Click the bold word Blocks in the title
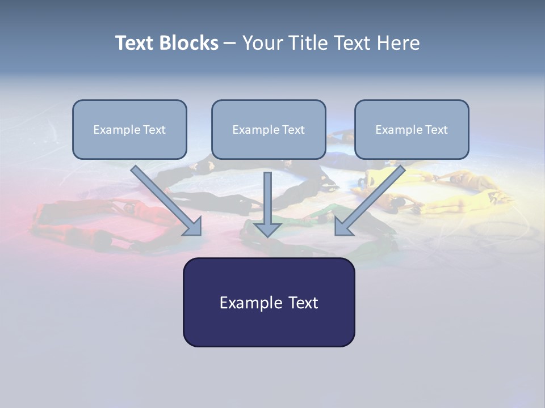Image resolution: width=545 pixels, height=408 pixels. click(188, 43)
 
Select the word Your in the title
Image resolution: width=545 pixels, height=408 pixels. click(262, 43)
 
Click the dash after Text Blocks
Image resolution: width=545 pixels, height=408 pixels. click(230, 44)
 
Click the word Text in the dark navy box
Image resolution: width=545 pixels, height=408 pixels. click(303, 303)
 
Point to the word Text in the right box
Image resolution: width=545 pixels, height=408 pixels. click(436, 130)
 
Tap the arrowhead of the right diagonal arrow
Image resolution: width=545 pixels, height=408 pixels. click(343, 226)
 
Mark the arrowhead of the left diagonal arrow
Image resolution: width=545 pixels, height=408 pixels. click(192, 226)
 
